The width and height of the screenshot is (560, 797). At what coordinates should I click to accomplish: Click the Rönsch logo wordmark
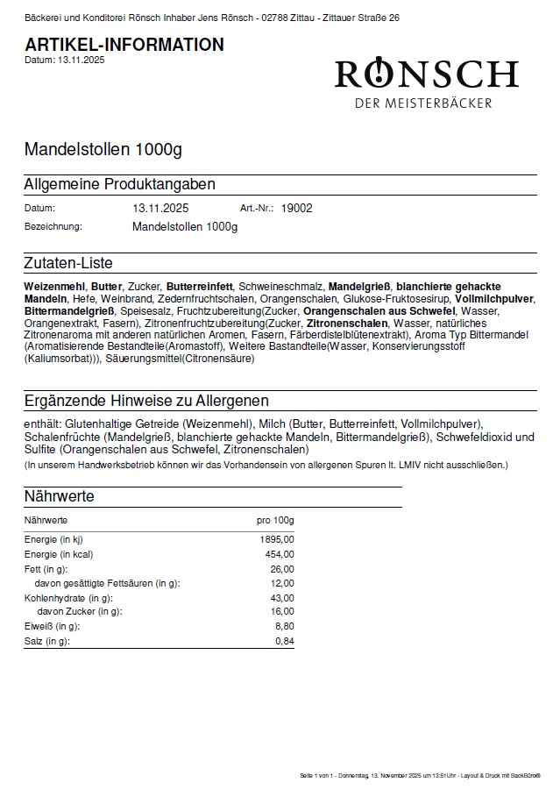point(426,74)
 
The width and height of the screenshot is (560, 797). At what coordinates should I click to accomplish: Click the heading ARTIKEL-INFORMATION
point(124,45)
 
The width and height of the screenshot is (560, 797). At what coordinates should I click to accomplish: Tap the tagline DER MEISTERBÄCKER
point(423,103)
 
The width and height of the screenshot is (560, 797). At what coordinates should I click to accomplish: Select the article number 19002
point(297,209)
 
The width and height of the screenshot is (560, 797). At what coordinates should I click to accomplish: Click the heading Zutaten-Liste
point(68,263)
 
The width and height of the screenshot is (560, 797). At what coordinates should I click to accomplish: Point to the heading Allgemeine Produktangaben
point(120,184)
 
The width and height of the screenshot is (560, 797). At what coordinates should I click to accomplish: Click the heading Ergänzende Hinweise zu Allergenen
point(146,401)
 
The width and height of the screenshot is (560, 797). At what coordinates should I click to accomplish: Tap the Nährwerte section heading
point(60,496)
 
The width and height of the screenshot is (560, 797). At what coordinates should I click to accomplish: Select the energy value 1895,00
point(278,539)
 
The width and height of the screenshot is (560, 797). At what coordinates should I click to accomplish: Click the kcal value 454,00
point(280,554)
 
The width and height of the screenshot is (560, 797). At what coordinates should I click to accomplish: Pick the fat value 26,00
point(283,569)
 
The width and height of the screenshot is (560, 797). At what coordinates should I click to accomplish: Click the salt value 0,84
point(285,642)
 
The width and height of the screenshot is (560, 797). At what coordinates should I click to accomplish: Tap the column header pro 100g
point(275,520)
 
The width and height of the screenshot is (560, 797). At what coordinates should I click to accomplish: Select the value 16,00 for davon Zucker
point(283,612)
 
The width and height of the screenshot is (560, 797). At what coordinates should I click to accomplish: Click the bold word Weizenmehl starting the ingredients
point(54,287)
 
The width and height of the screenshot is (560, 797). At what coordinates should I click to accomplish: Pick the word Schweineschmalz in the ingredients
point(280,287)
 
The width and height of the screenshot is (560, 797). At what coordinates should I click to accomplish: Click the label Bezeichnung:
point(53,226)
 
